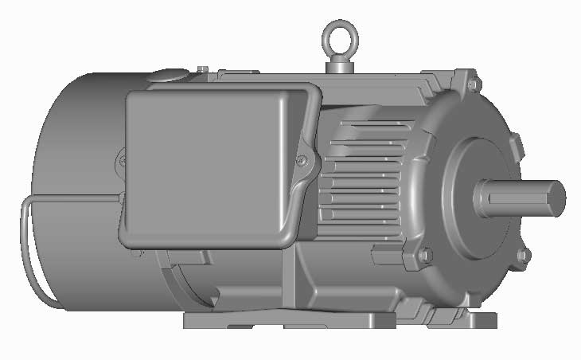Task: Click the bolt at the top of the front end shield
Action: click(475, 83)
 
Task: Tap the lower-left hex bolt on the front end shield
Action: click(425, 255)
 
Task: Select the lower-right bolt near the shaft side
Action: click(523, 255)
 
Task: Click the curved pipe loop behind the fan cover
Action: click(32, 255)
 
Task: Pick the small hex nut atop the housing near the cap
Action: click(203, 70)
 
